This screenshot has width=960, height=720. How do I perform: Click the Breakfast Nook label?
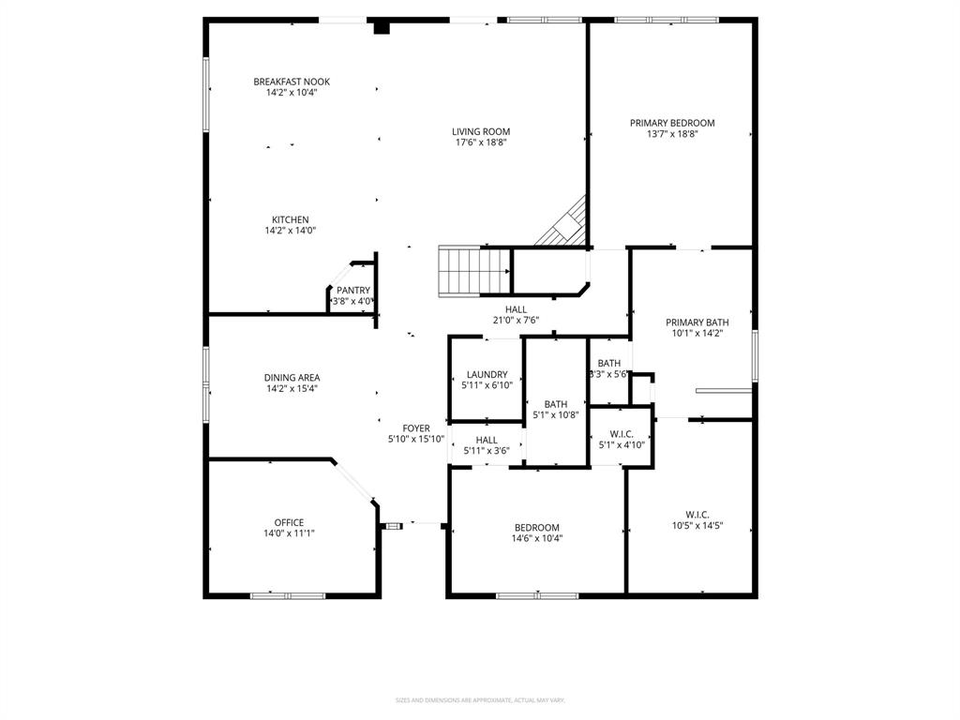pos(292,82)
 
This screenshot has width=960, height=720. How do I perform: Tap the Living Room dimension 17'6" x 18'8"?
pos(481,143)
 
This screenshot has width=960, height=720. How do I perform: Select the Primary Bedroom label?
pos(672,123)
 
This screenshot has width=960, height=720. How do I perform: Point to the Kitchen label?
pos(291,219)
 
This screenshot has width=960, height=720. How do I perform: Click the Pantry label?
pos(353,291)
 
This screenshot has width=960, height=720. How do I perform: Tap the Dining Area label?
pos(292,378)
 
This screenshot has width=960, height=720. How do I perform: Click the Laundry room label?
pos(487,374)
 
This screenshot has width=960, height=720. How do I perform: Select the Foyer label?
pos(416,428)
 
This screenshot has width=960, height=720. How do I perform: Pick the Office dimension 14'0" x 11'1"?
pos(289,533)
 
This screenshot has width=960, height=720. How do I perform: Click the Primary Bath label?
pos(697,322)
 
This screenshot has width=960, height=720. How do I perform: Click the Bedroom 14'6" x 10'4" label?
pos(536,527)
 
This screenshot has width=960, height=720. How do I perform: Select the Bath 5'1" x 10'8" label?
pos(555,404)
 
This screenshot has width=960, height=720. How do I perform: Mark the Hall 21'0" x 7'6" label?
pos(516,309)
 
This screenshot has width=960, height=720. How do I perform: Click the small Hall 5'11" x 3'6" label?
pos(487,440)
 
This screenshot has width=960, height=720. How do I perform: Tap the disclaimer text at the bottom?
pos(480,700)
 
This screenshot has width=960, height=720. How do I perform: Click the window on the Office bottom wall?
pos(287,595)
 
